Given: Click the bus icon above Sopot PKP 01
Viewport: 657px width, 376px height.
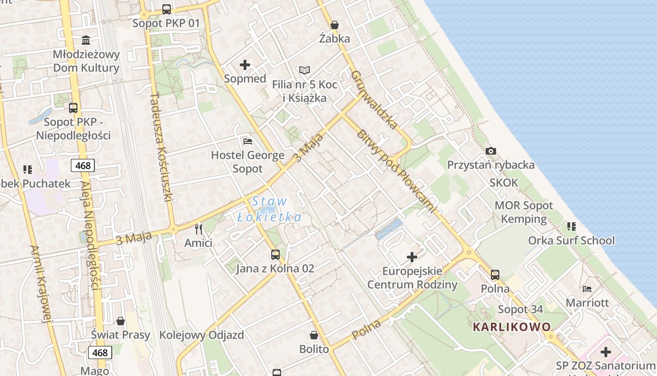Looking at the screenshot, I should coord(166,9).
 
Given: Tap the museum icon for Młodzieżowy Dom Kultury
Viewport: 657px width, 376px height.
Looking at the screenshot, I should coord(86,40).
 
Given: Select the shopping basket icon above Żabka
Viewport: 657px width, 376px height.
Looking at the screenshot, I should coord(335,24).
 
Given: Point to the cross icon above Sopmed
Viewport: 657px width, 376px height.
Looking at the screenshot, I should coord(245,65).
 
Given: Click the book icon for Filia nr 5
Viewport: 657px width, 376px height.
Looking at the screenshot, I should coord(305,70).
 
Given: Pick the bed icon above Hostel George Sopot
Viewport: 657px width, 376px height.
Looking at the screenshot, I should coord(248,141).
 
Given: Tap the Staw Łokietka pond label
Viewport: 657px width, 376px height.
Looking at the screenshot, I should coord(269,209).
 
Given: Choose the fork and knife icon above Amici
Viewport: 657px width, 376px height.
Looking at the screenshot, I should coord(199,229).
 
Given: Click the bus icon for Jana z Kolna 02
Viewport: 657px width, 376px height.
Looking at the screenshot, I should coord(275,255).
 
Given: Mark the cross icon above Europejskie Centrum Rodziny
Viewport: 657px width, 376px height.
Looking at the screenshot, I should coord(412,257).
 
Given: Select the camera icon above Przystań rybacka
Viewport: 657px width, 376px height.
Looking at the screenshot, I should coord(491,151).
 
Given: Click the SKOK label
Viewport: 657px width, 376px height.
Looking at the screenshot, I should coord(504,182).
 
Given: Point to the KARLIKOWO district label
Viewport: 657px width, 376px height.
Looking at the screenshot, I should coord(512,327).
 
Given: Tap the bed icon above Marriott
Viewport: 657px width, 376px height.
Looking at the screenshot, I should coord(587,289).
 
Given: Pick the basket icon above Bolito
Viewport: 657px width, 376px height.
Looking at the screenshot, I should coord(314,335).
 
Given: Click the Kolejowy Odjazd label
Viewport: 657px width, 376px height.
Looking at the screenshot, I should coord(202,335).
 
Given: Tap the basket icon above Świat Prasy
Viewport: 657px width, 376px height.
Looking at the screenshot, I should coord(121,321).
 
